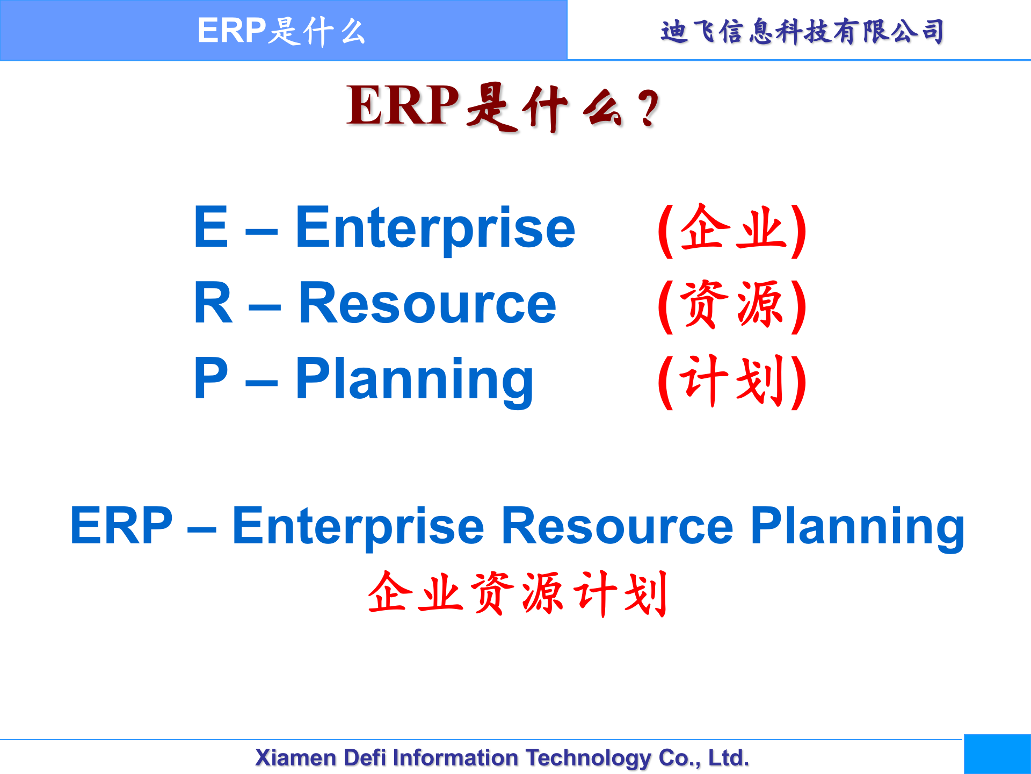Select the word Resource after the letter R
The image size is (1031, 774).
(427, 305)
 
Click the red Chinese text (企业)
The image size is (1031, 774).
(732, 230)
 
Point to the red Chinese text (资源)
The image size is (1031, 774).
(732, 305)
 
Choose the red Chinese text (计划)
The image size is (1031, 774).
(732, 381)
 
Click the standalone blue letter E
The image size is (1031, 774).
(210, 228)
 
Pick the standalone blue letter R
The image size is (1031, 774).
(213, 304)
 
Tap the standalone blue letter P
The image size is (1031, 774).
(210, 379)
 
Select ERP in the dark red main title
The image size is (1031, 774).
(403, 106)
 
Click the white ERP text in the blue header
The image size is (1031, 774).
(231, 31)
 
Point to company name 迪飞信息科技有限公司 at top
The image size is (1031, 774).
(802, 32)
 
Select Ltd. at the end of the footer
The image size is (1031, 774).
(728, 758)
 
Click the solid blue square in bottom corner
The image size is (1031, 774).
(997, 754)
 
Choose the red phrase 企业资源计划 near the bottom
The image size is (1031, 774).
(518, 593)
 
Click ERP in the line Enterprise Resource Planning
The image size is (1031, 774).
(121, 526)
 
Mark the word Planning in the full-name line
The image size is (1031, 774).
(857, 527)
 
